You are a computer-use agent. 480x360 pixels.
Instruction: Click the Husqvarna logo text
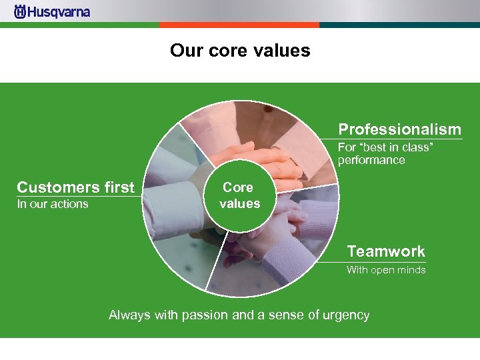pos(59,12)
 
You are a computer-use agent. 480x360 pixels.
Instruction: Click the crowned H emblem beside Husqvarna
pos(20,12)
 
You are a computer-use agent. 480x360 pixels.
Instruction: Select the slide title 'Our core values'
pos(240,51)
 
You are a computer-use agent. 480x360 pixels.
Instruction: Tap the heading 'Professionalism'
pos(399,129)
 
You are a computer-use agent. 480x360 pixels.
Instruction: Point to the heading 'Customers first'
pos(75,187)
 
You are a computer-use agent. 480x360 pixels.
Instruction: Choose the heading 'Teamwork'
pos(385,251)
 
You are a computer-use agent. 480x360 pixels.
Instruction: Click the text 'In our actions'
pos(53,204)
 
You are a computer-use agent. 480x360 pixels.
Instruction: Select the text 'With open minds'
pos(385,270)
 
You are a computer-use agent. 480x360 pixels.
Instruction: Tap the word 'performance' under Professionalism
pos(371,160)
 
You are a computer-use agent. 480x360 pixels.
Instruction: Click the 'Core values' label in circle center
pos(239,195)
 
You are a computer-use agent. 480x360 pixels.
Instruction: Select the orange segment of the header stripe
pos(239,25)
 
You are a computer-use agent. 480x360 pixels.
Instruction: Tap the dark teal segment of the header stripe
pos(399,25)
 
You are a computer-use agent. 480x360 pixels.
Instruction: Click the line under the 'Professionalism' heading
pos(400,139)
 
